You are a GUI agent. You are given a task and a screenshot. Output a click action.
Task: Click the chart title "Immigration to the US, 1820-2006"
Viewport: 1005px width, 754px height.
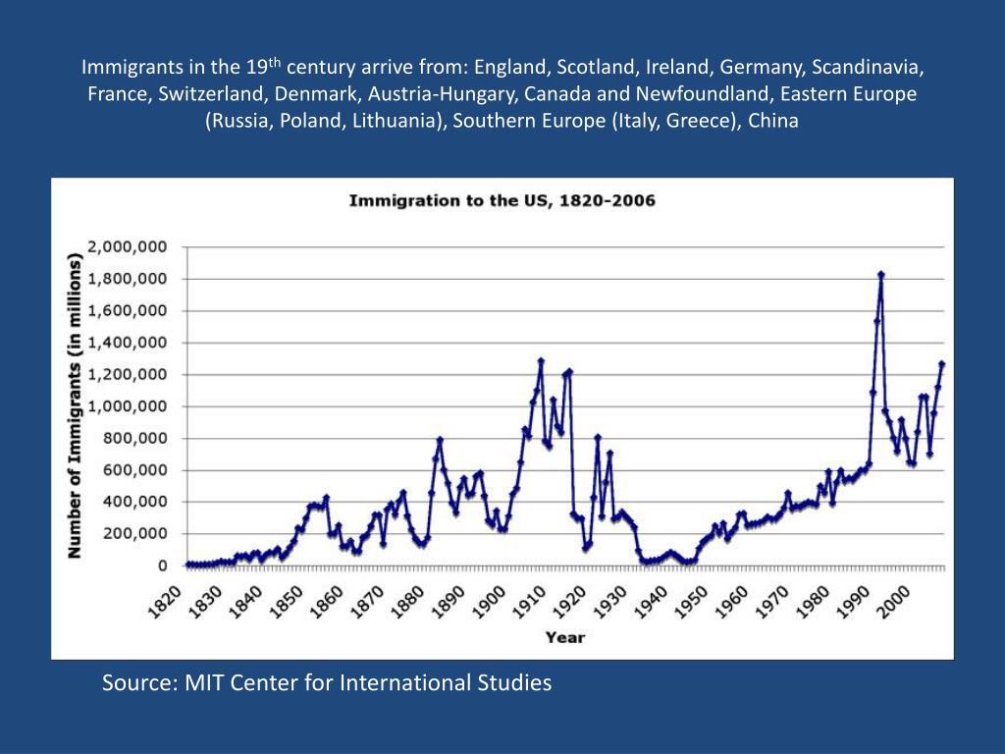502,201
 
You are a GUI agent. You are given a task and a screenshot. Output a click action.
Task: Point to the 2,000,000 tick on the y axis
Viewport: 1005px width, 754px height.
128,246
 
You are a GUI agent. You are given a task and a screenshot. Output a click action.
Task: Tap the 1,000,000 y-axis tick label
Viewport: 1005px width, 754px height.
128,406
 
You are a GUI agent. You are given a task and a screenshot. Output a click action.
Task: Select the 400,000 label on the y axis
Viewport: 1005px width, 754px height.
135,502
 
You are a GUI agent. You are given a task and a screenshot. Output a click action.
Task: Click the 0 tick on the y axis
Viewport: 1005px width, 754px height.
161,566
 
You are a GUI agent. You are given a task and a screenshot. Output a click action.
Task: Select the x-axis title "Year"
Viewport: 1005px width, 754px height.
564,637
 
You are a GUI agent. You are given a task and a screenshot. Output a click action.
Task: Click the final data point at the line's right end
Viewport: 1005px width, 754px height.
941,364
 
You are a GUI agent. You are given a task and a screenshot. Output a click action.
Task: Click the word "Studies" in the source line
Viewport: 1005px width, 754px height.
514,682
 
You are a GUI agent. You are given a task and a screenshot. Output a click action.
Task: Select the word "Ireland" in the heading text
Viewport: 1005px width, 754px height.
678,68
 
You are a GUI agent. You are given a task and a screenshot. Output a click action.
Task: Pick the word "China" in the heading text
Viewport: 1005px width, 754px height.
773,122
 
